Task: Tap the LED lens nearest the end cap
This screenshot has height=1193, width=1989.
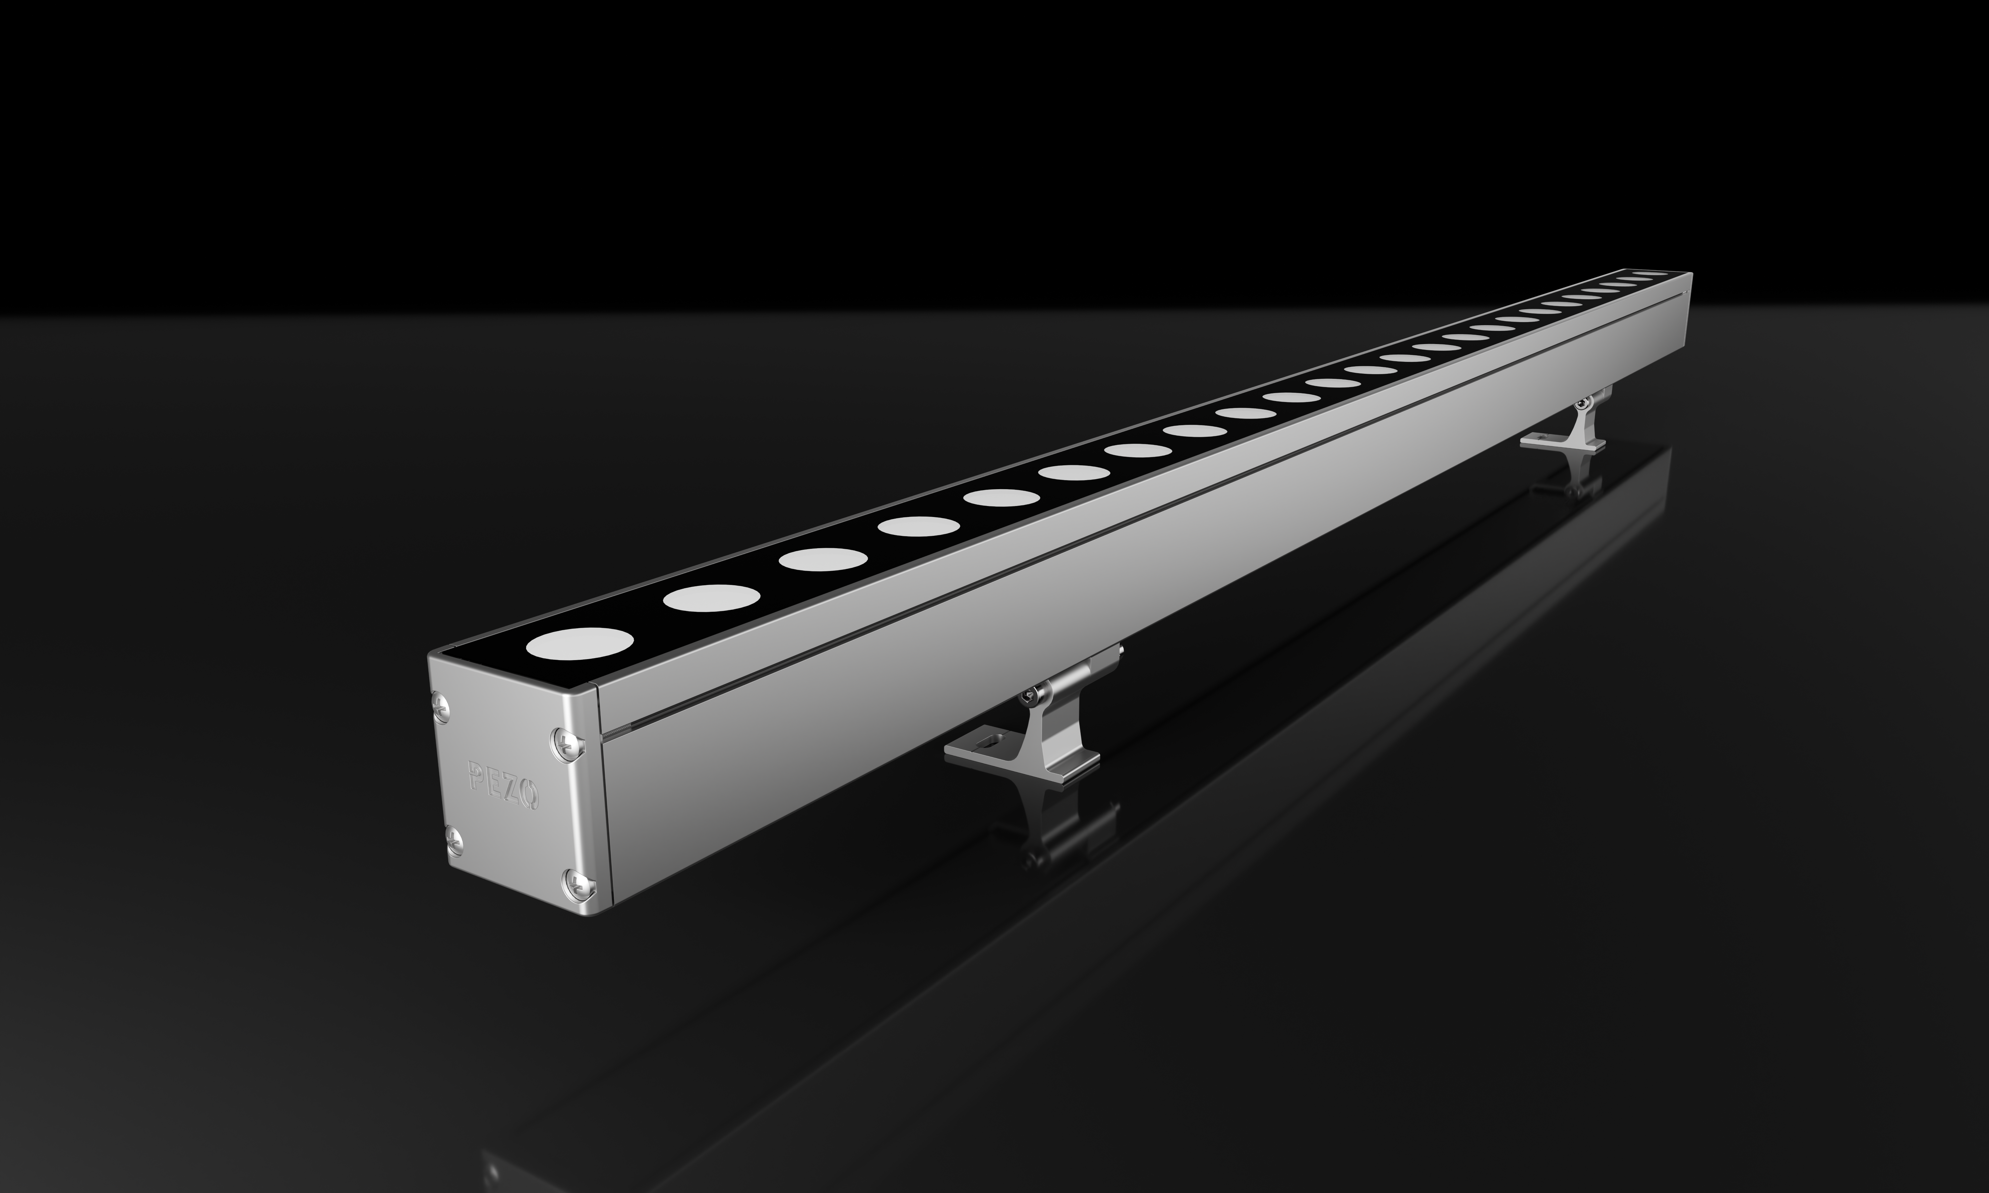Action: point(580,643)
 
